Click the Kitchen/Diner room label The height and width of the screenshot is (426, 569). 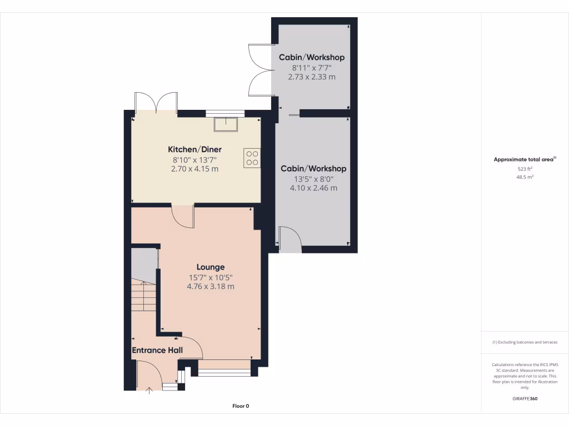tap(194, 149)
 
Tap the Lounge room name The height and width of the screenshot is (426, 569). tap(210, 267)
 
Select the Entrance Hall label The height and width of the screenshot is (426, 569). tap(157, 350)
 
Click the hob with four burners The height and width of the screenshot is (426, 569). tap(252, 157)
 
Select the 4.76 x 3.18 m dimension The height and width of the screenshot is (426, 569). tap(210, 287)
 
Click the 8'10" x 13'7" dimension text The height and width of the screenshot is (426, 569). tap(194, 160)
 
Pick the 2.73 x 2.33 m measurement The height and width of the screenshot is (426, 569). tap(312, 77)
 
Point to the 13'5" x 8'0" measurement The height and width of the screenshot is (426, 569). tap(313, 179)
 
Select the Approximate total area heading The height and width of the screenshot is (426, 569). tap(525, 159)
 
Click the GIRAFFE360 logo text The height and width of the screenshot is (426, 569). tap(525, 398)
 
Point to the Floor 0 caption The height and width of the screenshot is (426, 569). tap(241, 406)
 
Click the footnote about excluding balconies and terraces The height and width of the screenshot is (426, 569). tap(525, 342)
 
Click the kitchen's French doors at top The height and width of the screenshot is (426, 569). tap(156, 102)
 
